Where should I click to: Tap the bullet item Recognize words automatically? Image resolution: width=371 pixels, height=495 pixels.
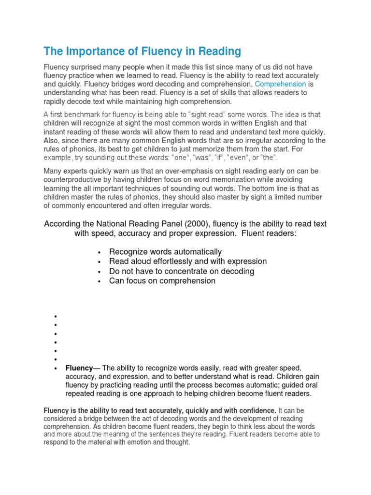tap(165, 252)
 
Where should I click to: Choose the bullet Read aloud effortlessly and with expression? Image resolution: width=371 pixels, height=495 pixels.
tap(187, 262)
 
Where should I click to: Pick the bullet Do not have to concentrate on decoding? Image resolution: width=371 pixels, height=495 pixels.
tap(181, 271)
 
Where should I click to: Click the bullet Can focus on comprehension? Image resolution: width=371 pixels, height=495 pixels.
tap(162, 281)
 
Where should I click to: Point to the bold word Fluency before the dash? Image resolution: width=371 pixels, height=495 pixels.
tap(79, 368)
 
